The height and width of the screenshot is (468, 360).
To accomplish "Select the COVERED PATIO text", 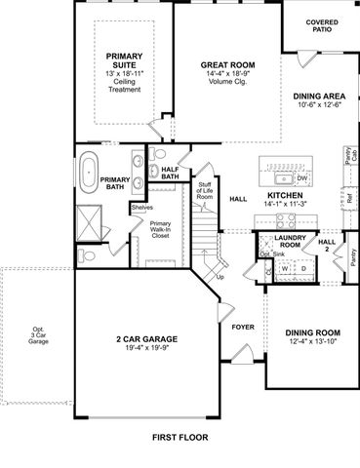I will (321, 25).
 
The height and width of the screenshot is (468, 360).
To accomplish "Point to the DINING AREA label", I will (317, 97).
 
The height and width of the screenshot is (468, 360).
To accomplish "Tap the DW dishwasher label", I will (302, 178).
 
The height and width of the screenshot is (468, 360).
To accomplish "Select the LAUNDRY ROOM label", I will (291, 240).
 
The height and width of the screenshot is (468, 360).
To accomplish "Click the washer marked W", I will (286, 268).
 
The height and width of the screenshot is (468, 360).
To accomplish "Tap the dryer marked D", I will (301, 268).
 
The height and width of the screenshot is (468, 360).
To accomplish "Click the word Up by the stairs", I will (220, 277).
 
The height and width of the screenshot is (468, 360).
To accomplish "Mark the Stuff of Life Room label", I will (205, 190).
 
